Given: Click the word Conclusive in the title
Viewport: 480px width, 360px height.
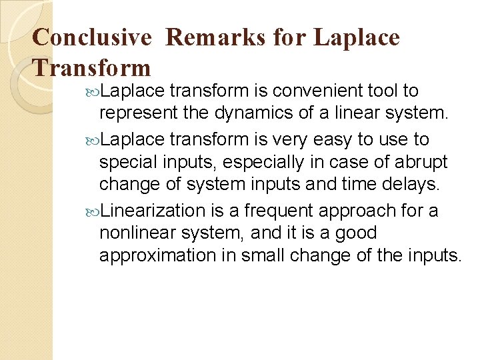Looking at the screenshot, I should click(x=92, y=37).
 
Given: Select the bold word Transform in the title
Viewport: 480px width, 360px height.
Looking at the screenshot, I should click(x=92, y=67).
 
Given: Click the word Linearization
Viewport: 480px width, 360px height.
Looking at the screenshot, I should click(x=153, y=211).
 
